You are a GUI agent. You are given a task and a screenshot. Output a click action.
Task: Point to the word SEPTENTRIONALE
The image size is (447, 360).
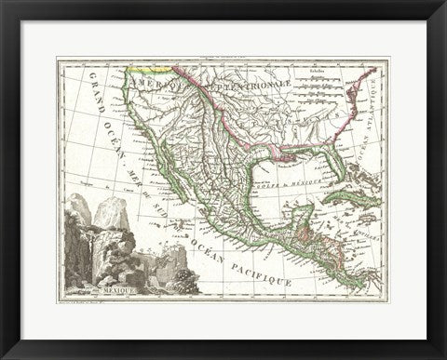tap(250, 86)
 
